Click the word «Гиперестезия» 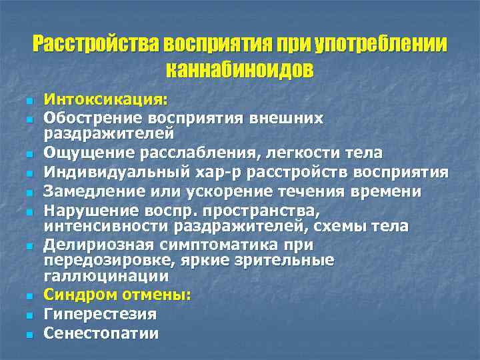pos(99,313)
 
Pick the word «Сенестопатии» pos(101,333)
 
